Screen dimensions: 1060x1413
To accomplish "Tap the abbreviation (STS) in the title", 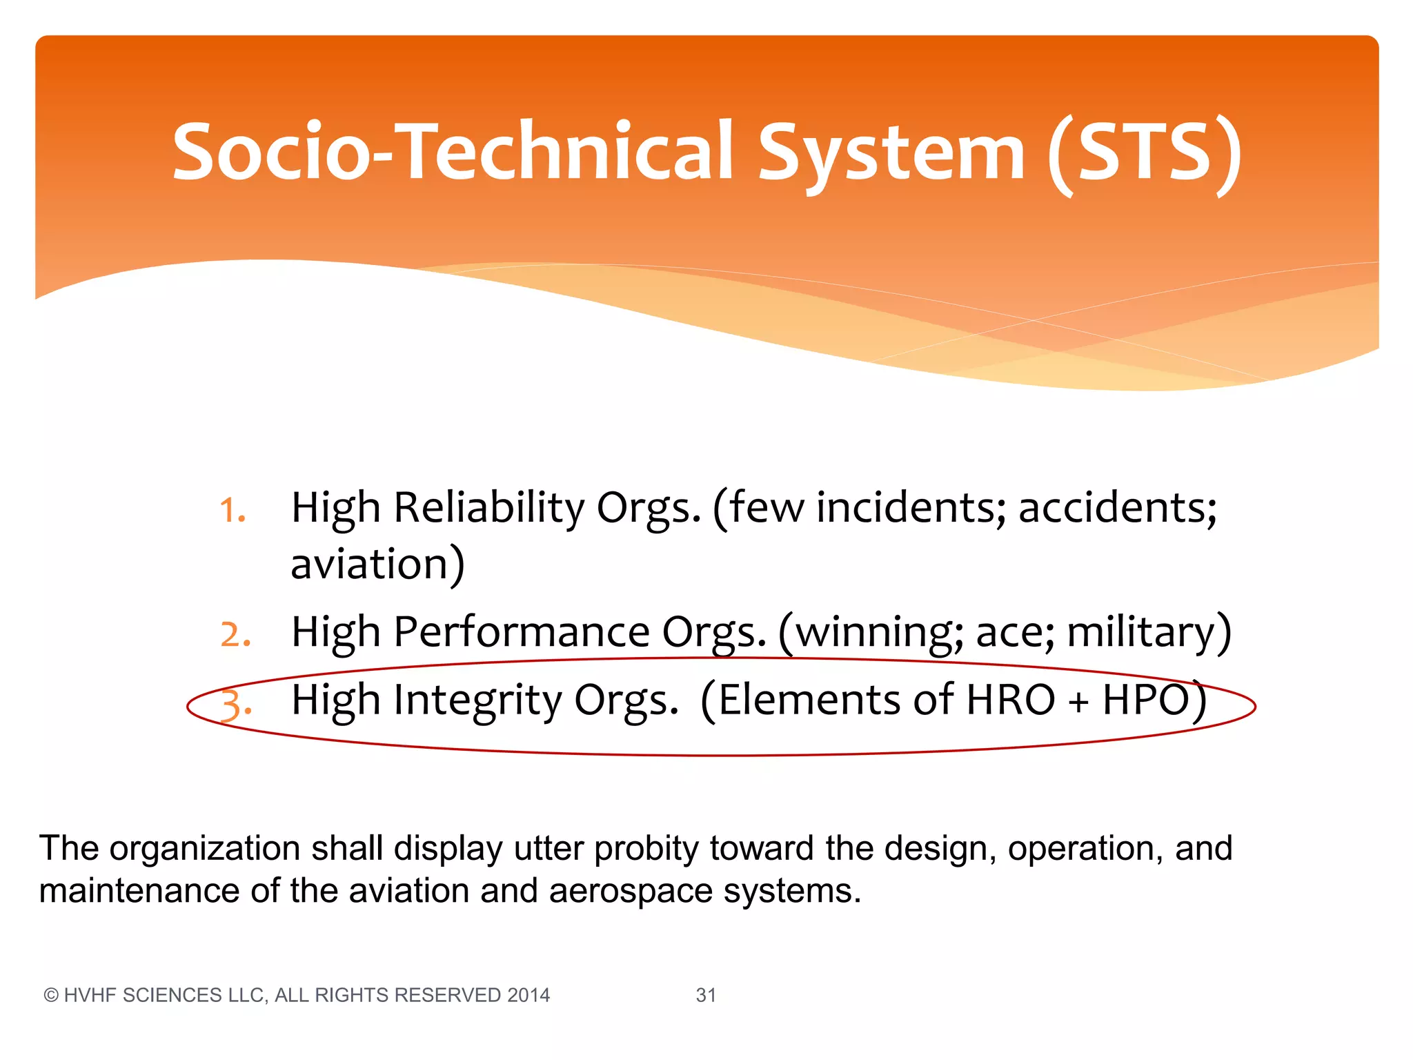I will (1144, 153).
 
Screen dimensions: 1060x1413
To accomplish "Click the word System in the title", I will (891, 153).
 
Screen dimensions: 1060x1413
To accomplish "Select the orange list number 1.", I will (233, 511).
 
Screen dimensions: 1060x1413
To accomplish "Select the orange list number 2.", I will (235, 635).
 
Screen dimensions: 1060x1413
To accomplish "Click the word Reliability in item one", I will (488, 508).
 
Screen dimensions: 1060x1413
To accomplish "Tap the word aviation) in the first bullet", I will (377, 565).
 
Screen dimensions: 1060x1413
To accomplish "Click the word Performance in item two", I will (522, 632).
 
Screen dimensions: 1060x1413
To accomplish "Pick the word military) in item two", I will (1149, 632).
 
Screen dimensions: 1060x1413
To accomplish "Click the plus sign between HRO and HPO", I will (1078, 703).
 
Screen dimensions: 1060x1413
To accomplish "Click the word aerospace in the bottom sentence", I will (631, 891).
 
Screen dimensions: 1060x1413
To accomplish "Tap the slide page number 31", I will (706, 995).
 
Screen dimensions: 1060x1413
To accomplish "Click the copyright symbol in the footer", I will (50, 995).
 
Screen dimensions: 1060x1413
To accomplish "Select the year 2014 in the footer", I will (528, 995).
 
